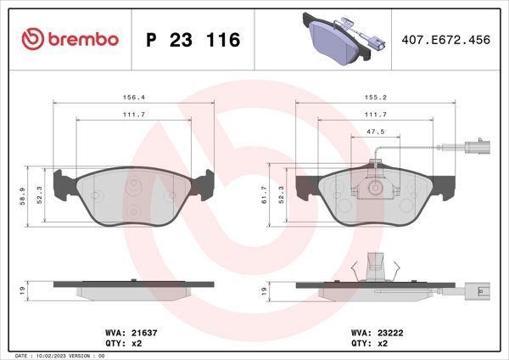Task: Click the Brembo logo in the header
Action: coord(70,39)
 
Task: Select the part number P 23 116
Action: coord(193,40)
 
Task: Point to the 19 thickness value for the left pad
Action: coord(22,290)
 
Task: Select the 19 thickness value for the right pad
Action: coord(265,290)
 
